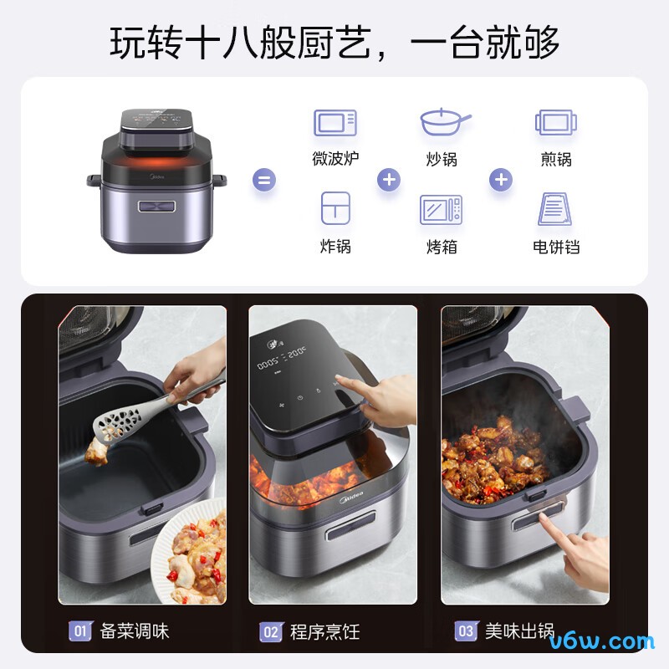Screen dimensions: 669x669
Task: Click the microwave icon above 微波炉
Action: tap(334, 123)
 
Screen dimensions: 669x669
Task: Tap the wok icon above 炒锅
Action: tap(443, 122)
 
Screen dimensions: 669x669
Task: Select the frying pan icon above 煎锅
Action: tap(556, 123)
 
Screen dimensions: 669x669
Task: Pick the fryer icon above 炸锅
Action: tap(335, 208)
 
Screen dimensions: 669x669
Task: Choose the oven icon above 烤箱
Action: tap(441, 209)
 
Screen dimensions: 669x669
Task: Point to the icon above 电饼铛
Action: tap(555, 209)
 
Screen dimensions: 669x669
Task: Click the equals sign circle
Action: tap(264, 179)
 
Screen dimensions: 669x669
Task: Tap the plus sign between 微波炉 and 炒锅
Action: tap(388, 179)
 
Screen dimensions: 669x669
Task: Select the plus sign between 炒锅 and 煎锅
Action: tap(500, 179)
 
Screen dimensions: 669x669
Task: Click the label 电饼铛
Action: tap(556, 247)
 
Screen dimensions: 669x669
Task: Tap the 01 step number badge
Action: tap(80, 631)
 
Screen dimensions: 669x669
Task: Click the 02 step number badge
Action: tap(271, 631)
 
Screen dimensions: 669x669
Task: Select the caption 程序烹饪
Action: tap(325, 631)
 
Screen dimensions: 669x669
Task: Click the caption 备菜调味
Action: tap(135, 631)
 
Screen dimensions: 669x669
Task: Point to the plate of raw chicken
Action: tap(194, 556)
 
